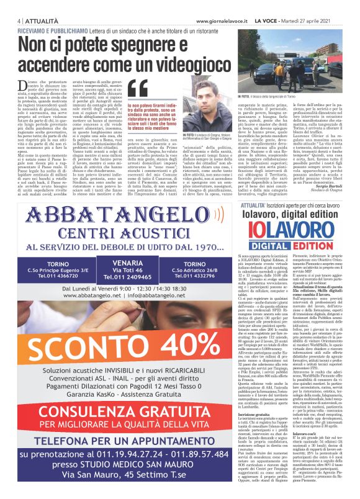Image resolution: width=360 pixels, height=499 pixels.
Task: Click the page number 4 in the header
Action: click(12, 5)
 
